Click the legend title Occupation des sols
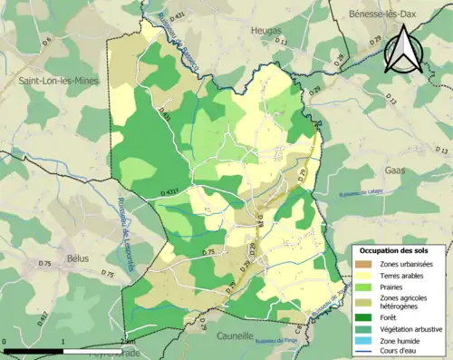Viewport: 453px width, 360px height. [394, 250]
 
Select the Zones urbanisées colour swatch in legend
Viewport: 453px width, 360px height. [364, 264]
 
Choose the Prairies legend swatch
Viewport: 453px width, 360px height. [364, 288]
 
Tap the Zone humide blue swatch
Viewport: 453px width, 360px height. [364, 341]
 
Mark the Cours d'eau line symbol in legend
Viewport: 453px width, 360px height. [364, 352]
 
